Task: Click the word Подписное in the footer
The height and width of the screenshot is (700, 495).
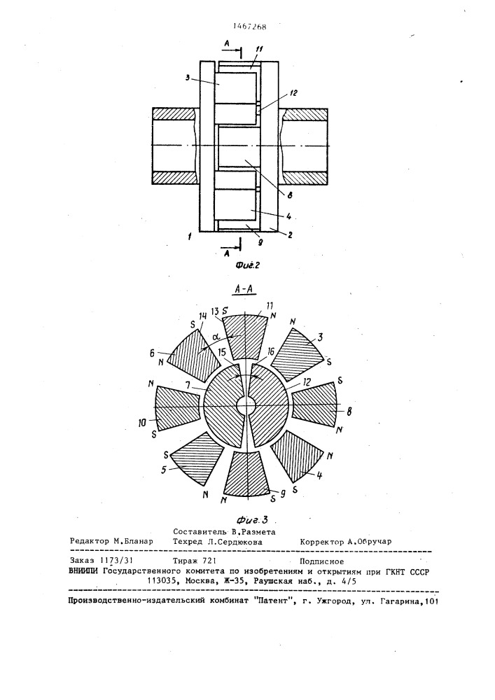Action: pos(322,560)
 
